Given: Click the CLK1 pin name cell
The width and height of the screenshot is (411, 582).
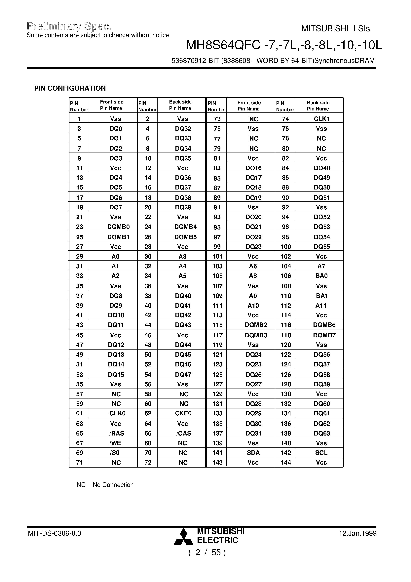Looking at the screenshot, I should point(321,119).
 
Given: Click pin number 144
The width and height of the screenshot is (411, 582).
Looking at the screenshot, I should point(286,463).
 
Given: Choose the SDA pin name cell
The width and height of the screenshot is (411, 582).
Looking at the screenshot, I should point(253,453).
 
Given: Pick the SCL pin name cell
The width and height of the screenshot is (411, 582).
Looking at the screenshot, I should point(321,453).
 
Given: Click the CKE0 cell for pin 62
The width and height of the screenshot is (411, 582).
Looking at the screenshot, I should point(183,413).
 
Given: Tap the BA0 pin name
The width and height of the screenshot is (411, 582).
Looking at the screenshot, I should point(321,276).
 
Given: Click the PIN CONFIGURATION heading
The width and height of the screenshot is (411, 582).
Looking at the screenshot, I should point(70,88).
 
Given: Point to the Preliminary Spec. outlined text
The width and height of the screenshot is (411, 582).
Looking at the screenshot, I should point(69,26).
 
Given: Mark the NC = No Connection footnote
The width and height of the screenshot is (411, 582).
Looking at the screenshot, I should point(105,485).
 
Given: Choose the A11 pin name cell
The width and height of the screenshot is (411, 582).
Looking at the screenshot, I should point(321,306).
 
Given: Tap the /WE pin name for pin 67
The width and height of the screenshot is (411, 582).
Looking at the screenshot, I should point(115,443).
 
